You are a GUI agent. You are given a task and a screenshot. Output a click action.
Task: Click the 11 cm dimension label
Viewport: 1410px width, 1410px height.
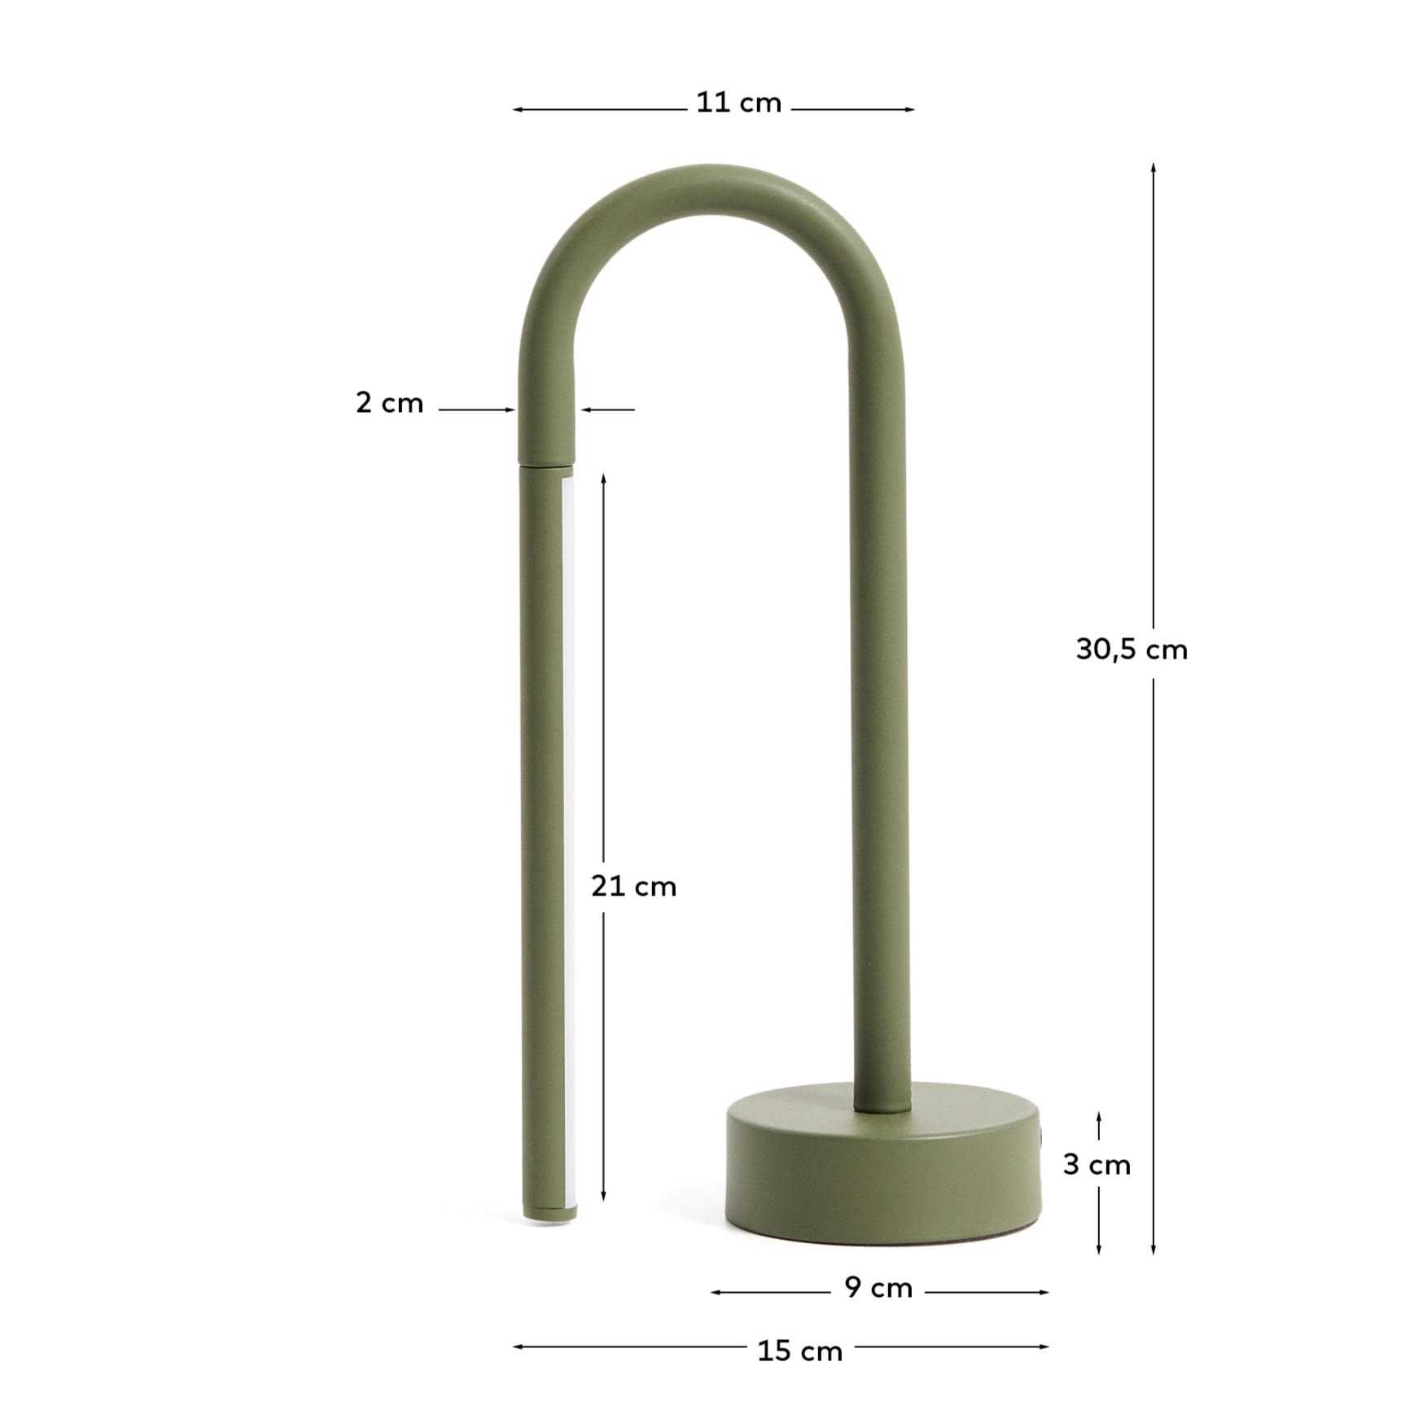tap(738, 103)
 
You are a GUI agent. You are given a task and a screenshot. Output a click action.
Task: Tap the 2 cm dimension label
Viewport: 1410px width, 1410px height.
tap(389, 403)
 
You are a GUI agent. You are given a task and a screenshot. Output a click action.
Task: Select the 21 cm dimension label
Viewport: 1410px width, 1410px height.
tap(633, 886)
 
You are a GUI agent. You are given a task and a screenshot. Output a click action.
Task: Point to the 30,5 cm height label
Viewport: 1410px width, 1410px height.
tap(1132, 650)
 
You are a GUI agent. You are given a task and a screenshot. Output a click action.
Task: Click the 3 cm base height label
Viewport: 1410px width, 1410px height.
tap(1097, 1165)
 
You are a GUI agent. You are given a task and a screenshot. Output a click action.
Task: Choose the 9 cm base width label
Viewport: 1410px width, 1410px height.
tap(878, 1288)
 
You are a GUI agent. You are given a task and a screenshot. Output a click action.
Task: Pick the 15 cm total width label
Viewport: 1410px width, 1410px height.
tap(799, 1351)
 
